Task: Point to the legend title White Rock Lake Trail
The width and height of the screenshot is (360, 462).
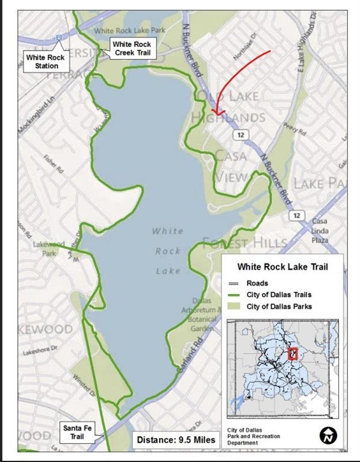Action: (x=282, y=266)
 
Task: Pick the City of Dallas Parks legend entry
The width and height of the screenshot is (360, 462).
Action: (x=279, y=307)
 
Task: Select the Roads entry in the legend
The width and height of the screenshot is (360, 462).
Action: (x=257, y=283)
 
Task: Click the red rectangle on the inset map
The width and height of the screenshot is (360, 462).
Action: (x=293, y=354)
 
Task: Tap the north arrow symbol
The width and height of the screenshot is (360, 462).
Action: (x=328, y=434)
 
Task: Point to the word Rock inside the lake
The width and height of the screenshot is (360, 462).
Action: (x=168, y=251)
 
